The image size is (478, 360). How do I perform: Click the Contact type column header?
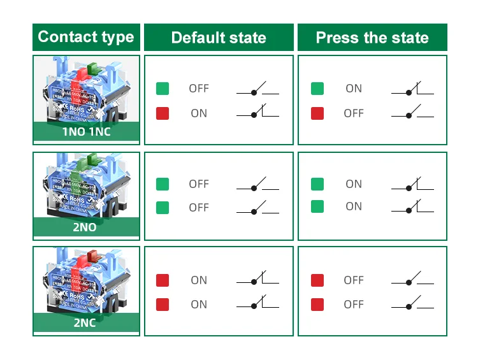[86, 37]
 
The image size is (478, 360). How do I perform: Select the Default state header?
[219, 38]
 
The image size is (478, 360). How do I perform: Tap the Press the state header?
[372, 38]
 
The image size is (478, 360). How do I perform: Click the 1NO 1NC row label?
[86, 133]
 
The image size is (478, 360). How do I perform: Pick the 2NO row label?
[86, 227]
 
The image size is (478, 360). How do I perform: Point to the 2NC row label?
[86, 322]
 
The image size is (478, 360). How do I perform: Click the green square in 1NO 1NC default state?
[163, 89]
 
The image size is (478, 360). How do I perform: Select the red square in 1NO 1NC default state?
[163, 113]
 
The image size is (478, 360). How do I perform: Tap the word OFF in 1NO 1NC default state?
[199, 89]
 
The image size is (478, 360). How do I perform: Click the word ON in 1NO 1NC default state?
[199, 113]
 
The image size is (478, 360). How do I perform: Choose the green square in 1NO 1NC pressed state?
[317, 89]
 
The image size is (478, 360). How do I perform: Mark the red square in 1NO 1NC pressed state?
[317, 113]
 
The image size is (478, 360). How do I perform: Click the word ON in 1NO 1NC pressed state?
[354, 89]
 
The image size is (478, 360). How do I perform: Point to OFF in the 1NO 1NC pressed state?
[354, 113]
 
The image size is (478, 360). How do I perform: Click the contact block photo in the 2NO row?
[86, 185]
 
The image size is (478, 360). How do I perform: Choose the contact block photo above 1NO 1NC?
[86, 89]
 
